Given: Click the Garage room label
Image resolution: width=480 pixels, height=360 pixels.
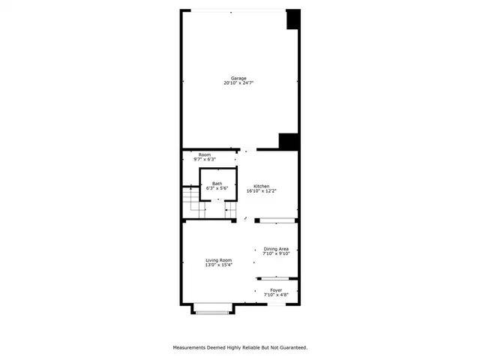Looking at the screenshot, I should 238,78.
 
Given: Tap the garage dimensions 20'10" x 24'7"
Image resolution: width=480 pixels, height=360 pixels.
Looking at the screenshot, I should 238,83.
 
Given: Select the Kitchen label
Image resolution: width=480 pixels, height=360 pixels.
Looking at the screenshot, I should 261,186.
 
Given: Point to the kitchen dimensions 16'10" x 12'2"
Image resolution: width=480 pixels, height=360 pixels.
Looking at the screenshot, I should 261,191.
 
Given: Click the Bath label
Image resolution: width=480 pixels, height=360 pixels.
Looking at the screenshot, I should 217,183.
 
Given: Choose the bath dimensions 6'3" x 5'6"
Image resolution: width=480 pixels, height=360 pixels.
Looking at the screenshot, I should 217,188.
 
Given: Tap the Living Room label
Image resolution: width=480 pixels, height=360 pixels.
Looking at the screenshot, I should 219,260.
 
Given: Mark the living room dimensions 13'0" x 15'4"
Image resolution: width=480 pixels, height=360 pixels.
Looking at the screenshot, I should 219,265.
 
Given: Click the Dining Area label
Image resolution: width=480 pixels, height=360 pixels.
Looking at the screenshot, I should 276,249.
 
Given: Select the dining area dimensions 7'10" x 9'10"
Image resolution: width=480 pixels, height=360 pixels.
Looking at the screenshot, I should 276,254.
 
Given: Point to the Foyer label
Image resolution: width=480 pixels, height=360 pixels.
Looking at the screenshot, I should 276,290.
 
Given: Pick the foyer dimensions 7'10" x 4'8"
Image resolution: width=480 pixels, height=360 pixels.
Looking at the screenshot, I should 276,295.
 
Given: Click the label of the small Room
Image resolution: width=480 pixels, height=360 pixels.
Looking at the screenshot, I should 204,154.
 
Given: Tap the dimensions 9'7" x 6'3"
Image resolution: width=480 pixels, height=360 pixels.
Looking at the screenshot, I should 204,160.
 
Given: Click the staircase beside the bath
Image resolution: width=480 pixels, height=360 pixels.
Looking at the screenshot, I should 192,202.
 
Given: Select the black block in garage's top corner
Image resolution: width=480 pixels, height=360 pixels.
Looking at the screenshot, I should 293,19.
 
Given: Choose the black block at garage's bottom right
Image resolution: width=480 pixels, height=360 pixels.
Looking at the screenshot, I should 289,142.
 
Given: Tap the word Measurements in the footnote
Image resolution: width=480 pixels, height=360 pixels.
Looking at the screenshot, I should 191,347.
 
